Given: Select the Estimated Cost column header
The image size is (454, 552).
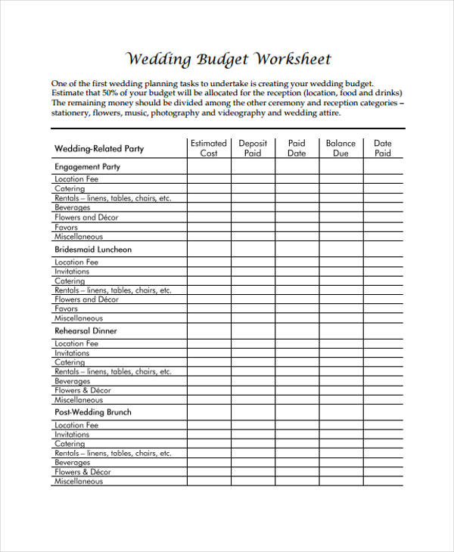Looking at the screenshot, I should point(209,147).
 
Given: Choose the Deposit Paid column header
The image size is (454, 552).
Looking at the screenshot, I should point(253,147).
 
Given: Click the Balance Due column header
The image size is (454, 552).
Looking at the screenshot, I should point(340,147).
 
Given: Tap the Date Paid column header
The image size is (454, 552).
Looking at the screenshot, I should point(383,147).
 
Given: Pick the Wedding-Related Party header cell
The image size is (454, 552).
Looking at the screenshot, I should point(99,149).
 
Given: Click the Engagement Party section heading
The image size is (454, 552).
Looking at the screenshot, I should point(88,166).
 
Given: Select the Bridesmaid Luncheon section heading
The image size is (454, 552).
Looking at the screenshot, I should point(93,249).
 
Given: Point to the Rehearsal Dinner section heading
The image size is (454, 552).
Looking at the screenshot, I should point(86,330).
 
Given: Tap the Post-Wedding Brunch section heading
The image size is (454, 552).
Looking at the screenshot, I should point(93,412).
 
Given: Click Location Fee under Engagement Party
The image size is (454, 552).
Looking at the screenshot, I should point(76,179).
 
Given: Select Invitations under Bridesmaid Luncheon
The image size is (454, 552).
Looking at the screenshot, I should point(72,271).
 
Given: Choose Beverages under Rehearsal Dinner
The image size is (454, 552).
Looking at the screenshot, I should point(73,381).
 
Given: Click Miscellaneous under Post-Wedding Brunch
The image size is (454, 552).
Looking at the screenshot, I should point(79,481).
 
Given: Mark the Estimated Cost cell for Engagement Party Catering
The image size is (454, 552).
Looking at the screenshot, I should point(209,188).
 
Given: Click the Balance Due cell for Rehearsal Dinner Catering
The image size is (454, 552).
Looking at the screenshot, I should point(340,362).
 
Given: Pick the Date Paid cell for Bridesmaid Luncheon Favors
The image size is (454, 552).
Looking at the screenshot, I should point(383,309).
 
